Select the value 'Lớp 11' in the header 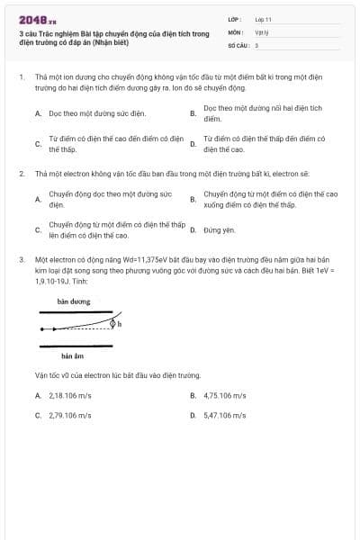tap(263, 19)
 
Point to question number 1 tap(22, 77)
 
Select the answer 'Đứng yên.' tap(220, 230)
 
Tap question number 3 tap(22, 259)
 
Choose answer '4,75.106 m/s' tap(224, 395)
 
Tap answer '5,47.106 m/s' tap(224, 416)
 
